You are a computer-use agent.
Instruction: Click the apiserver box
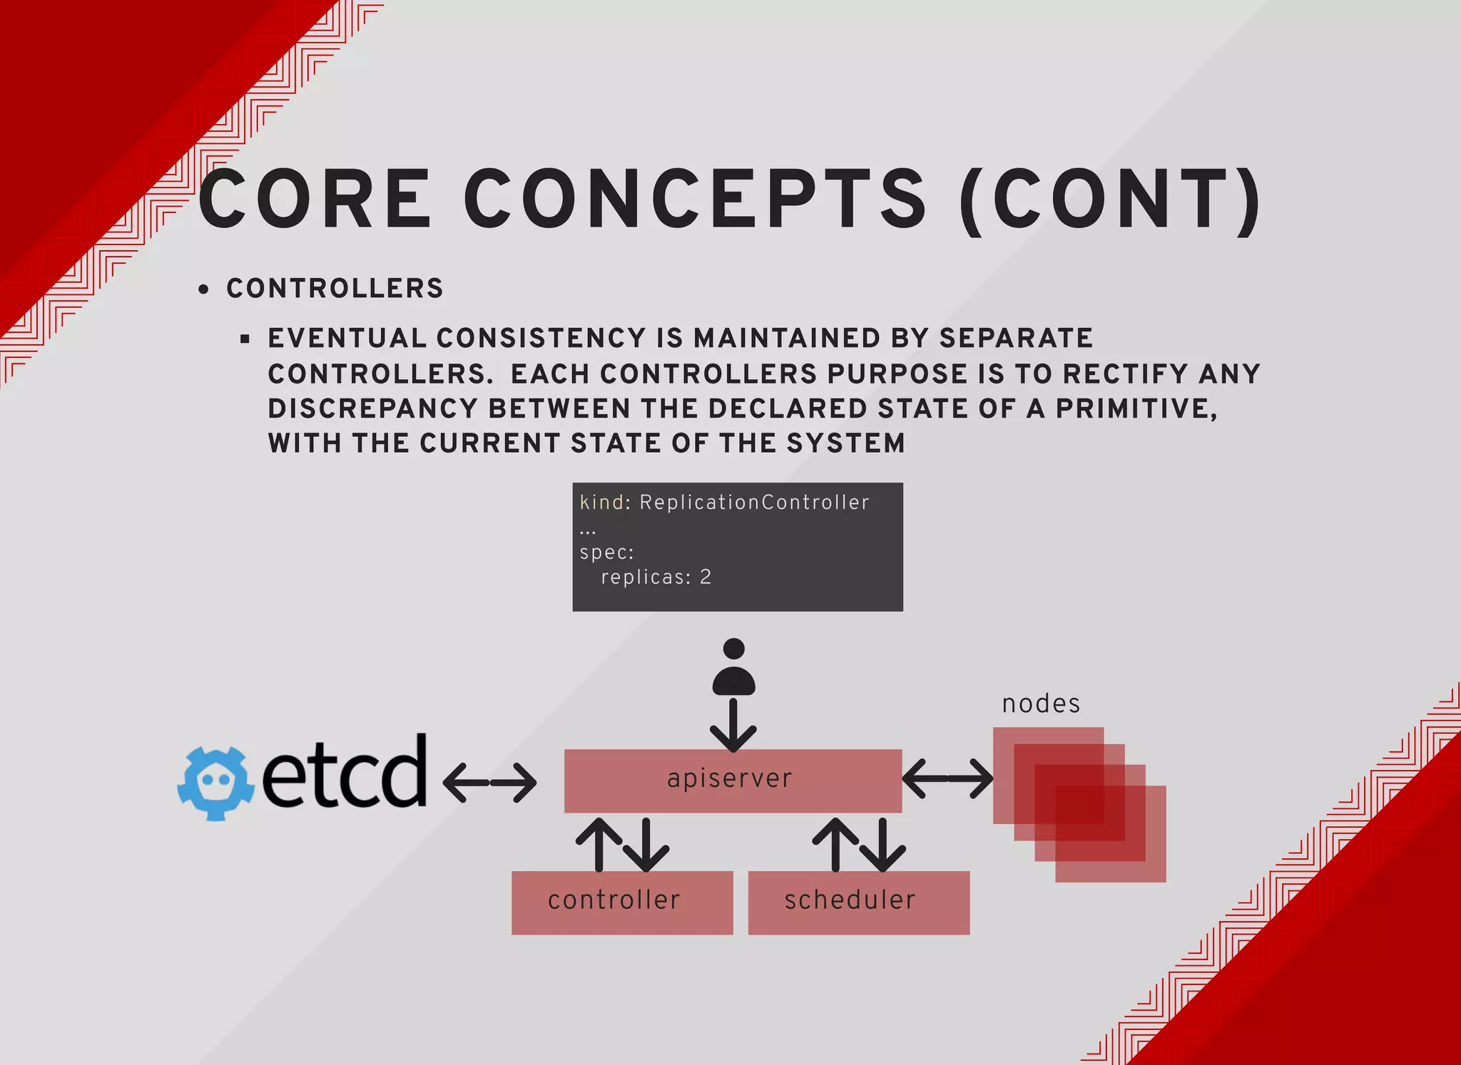tap(733, 781)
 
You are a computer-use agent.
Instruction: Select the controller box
tap(621, 902)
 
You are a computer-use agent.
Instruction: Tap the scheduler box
tap(858, 902)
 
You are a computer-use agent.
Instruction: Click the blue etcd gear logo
tap(215, 782)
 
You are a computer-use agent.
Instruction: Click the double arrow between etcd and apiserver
tap(489, 782)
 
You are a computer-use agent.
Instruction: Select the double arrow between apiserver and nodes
tap(947, 778)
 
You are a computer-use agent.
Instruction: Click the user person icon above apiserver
tap(733, 668)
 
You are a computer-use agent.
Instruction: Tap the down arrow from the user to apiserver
tap(733, 726)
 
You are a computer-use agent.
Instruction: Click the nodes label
tap(1041, 704)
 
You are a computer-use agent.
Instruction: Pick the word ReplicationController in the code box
tap(754, 503)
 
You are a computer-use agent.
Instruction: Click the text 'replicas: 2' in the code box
tap(656, 577)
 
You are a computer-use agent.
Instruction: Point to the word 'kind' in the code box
tap(601, 503)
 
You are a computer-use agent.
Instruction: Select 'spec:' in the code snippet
tap(606, 552)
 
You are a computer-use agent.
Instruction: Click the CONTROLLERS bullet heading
tap(335, 289)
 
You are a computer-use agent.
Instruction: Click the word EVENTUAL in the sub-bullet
tap(347, 338)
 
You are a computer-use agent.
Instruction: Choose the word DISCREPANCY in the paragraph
tap(372, 408)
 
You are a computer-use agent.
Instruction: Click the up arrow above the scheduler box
tap(835, 844)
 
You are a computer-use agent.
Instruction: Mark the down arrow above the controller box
tap(646, 845)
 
